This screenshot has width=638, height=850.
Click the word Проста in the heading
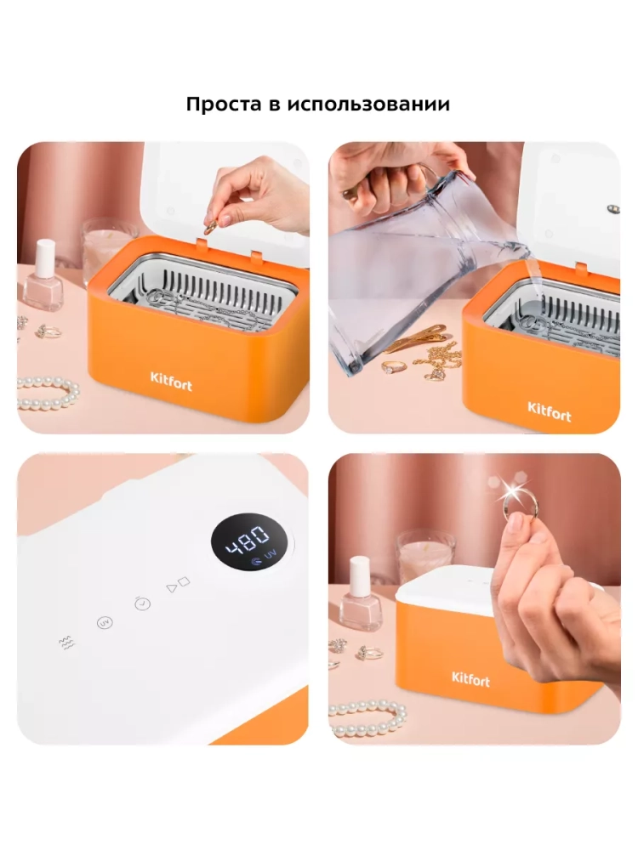click(224, 104)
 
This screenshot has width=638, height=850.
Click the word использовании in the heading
click(368, 104)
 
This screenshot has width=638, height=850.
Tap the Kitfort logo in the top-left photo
click(171, 381)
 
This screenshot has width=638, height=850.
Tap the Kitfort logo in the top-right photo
click(549, 412)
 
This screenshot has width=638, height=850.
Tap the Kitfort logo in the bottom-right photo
click(470, 678)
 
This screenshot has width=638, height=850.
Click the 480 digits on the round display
click(248, 540)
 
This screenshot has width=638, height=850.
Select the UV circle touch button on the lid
click(105, 623)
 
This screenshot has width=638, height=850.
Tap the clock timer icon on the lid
click(142, 603)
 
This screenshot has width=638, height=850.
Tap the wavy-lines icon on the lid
click(66, 643)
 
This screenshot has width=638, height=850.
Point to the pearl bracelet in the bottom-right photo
click(367, 718)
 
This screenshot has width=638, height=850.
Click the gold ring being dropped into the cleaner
click(210, 228)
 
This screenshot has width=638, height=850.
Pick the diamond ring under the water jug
click(392, 367)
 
